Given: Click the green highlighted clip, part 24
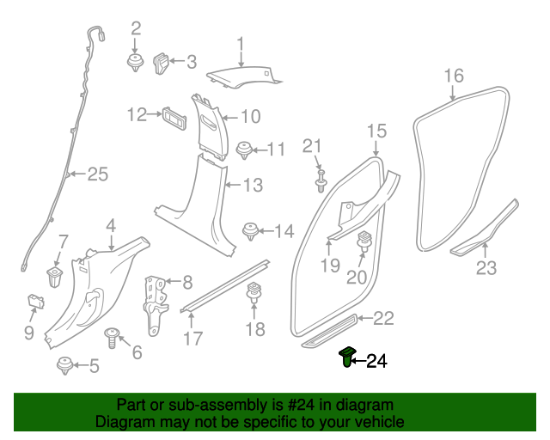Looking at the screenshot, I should tap(346, 357).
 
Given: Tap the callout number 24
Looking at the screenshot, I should tap(377, 362).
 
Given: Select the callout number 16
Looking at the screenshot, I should tap(454, 76).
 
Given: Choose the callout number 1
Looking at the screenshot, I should tap(241, 43).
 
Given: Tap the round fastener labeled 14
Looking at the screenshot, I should tap(251, 229).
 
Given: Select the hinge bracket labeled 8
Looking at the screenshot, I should tap(156, 302).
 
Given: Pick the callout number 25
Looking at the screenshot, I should tap(98, 174).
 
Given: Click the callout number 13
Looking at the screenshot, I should tap(252, 185).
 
